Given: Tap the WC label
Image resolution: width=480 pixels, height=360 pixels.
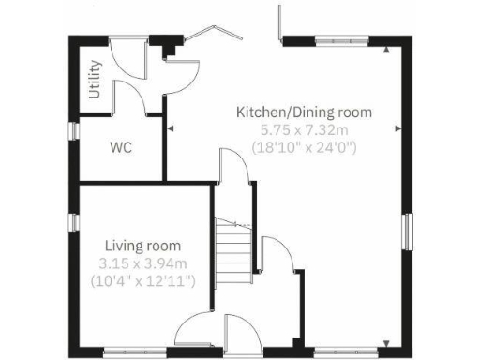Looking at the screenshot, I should (120, 147).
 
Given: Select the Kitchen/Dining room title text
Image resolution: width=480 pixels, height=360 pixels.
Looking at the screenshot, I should (304, 112).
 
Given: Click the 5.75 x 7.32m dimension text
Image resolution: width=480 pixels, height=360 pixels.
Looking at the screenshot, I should (304, 129).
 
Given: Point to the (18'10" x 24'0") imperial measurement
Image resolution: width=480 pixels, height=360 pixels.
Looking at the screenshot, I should (304, 147).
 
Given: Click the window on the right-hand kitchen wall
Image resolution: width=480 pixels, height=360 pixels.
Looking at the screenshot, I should (407, 232).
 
